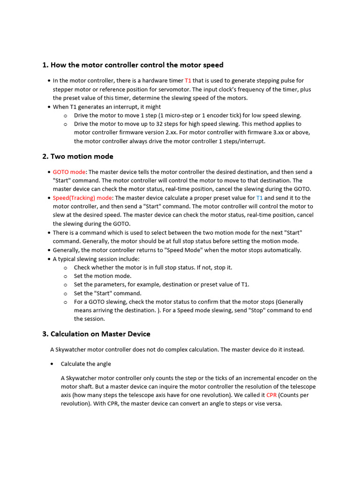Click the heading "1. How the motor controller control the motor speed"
pyautogui.click(x=133, y=65)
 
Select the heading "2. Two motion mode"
pyautogui.click(x=78, y=157)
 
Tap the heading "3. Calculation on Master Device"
pyautogui.click(x=96, y=334)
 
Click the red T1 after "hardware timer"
pyautogui.click(x=188, y=81)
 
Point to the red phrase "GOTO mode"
pyautogui.click(x=69, y=172)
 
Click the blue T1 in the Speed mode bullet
pyautogui.click(x=259, y=198)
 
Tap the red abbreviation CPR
pyautogui.click(x=271, y=395)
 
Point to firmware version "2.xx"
pyautogui.click(x=168, y=132)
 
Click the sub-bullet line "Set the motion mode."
pyautogui.click(x=103, y=276)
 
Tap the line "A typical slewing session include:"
pyautogui.click(x=96, y=259)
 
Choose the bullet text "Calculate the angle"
pyautogui.click(x=86, y=364)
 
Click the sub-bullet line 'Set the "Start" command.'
pyautogui.click(x=107, y=293)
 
